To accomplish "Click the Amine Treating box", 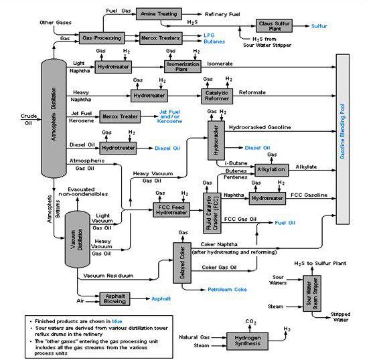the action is (x=159, y=14).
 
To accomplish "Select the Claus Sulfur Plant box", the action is (x=274, y=26).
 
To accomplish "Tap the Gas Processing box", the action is (x=102, y=38).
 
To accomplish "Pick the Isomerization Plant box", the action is (x=183, y=66).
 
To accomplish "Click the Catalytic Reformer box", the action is (x=217, y=96).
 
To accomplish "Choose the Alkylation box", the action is (x=272, y=170).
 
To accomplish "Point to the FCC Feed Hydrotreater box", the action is (x=171, y=210).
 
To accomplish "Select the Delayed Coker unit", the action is (x=182, y=263).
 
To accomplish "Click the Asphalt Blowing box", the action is (x=115, y=299).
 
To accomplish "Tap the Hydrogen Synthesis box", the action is (x=247, y=341).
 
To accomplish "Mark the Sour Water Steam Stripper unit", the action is (x=312, y=293).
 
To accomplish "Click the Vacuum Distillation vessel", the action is (x=78, y=239).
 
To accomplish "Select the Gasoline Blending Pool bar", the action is (x=343, y=139).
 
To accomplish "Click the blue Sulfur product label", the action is (x=319, y=26).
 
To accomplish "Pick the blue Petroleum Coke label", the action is (x=227, y=290).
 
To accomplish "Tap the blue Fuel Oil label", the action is (x=285, y=223).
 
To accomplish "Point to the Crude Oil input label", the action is (x=29, y=119).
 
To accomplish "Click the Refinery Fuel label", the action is (x=222, y=14).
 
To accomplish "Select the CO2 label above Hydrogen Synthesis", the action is (x=250, y=322).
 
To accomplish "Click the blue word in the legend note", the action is (x=117, y=321).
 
